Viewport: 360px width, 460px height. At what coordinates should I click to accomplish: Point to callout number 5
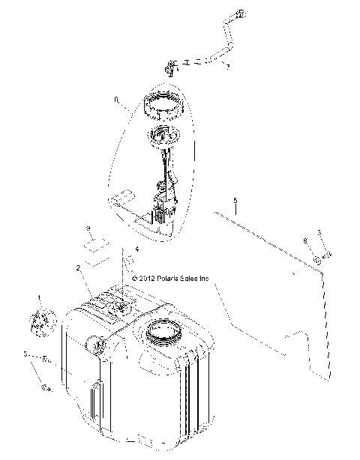(235, 202)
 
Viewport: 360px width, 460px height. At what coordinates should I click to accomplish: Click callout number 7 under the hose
(226, 67)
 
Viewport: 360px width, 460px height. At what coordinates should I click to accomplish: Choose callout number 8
(304, 241)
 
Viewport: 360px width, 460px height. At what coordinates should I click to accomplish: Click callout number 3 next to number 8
(319, 233)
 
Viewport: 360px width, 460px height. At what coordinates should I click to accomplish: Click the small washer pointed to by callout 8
(316, 259)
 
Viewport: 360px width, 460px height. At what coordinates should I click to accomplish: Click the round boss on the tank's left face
(97, 345)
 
